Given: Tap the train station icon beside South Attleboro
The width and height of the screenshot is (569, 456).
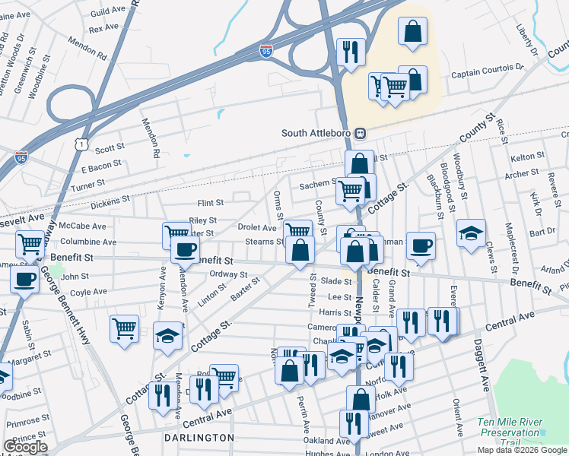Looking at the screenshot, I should coord(361,133).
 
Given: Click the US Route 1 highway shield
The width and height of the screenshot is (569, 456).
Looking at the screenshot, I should coord(81,142).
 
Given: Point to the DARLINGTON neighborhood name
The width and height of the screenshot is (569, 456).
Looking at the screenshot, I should coord(199,438).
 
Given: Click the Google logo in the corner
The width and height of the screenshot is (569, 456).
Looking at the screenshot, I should coord(25,447).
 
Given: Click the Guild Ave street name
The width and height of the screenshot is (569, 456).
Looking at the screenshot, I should coord(105,14).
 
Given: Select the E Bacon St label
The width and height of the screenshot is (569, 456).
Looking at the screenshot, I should coord(100,164).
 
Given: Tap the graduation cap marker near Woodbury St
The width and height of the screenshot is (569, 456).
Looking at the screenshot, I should coord(472,231).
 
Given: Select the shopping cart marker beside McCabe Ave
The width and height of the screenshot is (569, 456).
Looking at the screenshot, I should coord(30,244).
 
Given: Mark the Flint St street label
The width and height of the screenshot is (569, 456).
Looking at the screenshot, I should coord(211,203).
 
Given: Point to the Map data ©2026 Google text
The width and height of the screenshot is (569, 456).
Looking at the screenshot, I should coord(521,450).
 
